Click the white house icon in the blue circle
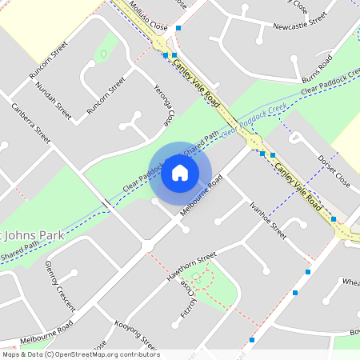point(180,173)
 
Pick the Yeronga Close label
point(164,107)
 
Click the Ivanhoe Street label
point(267,219)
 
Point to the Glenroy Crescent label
point(60,286)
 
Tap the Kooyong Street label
point(135,334)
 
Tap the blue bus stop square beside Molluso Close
point(166,55)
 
